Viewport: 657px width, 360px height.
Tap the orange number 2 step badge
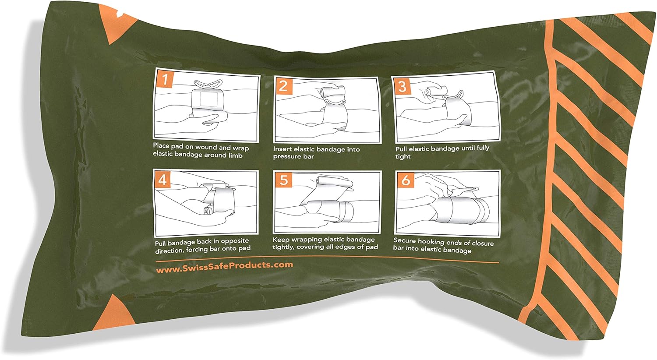283,86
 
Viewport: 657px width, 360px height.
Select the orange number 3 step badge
402,86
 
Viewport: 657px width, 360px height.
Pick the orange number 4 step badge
162,180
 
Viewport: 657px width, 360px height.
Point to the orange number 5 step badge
283,180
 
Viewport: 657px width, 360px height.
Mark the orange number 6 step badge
406,180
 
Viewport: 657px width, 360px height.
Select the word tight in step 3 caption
403,156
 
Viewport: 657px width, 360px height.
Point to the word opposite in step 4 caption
234,241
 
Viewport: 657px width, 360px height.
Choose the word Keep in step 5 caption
281,240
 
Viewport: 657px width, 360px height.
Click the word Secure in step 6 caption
404,240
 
